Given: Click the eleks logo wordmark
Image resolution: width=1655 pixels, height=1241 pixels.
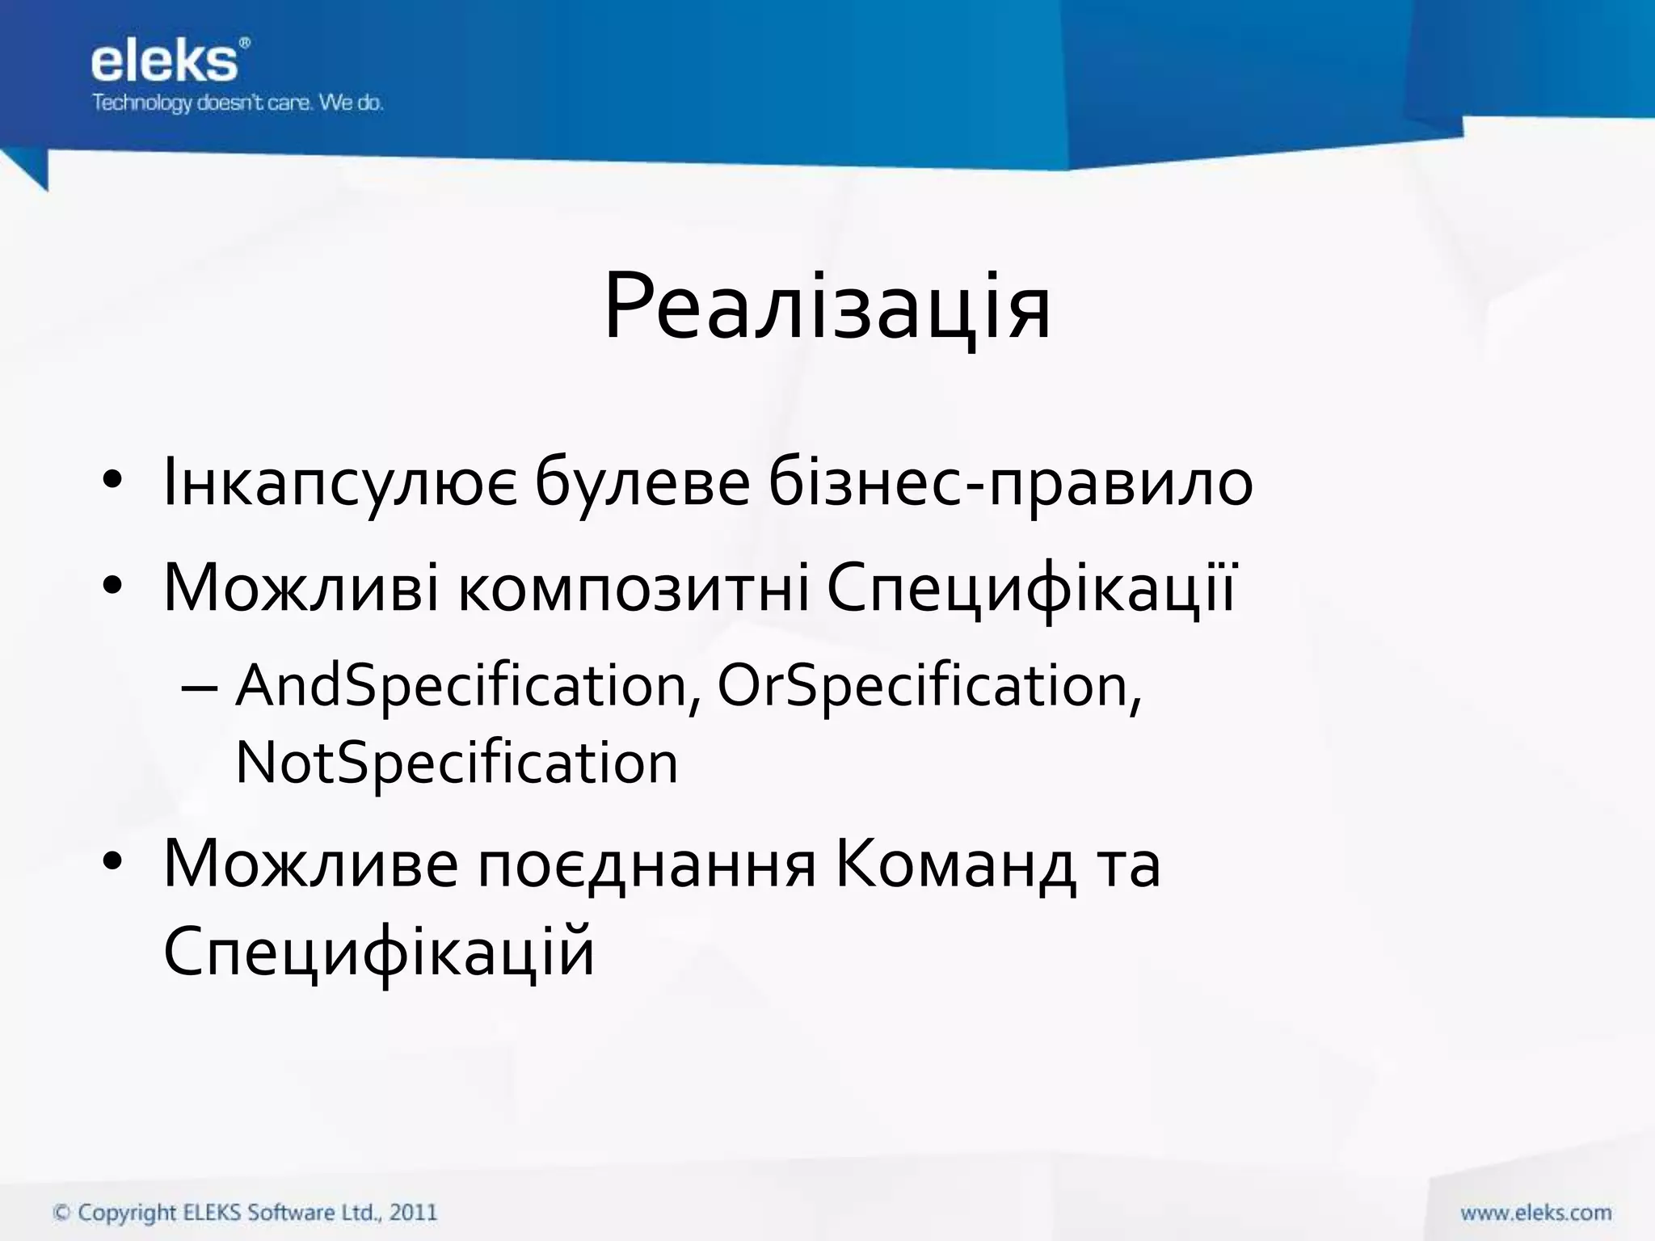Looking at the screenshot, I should click(x=164, y=62).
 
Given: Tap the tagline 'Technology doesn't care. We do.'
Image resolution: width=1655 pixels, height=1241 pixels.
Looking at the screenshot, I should click(x=238, y=103).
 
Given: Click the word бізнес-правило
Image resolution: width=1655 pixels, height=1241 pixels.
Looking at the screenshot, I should click(x=1010, y=483).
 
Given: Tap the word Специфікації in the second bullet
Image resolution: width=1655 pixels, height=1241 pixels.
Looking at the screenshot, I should click(x=1030, y=587).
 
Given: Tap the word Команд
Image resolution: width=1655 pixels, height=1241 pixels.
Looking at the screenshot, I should click(x=955, y=865).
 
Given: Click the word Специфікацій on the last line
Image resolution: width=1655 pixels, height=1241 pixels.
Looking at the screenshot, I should click(x=378, y=952).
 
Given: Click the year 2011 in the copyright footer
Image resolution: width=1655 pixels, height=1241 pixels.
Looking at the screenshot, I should click(x=413, y=1212).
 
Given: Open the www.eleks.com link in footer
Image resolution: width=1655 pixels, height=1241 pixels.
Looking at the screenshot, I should click(x=1535, y=1212).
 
